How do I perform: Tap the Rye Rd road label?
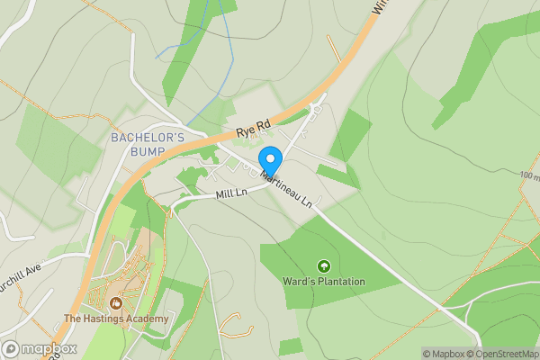(x=254, y=130)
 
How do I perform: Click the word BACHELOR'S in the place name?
(x=147, y=138)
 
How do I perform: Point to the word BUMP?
(x=147, y=151)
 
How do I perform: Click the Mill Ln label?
(x=231, y=193)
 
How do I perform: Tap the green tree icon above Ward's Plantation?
(x=323, y=266)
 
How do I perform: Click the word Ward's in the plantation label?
(x=298, y=282)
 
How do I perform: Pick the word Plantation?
(x=341, y=282)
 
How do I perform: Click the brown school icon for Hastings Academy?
(x=116, y=303)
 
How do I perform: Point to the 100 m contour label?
(x=528, y=176)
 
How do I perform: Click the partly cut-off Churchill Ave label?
(x=20, y=268)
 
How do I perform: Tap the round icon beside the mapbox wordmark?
(x=11, y=349)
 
